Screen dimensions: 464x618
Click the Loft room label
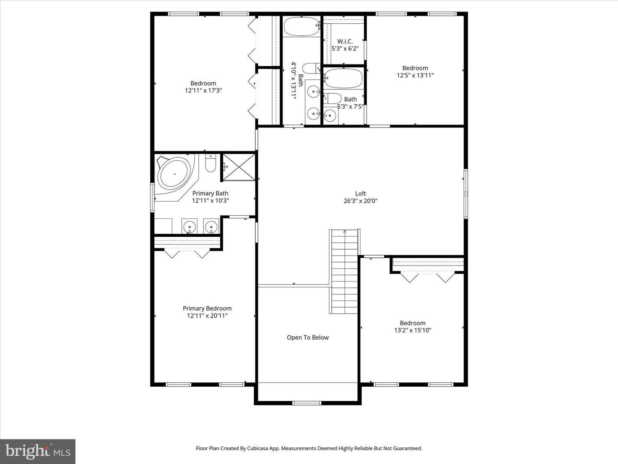(360, 193)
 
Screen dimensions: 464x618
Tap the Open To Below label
(308, 338)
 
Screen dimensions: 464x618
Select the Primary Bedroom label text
(207, 308)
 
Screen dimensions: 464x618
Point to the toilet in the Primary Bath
(210, 164)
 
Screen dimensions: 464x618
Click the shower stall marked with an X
(239, 167)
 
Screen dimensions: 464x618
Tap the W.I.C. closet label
(345, 42)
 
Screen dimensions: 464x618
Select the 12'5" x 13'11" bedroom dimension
(415, 75)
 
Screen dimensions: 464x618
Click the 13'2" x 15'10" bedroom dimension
(412, 330)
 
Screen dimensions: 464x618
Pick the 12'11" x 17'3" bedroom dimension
(203, 91)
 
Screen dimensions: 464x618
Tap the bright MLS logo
(38, 451)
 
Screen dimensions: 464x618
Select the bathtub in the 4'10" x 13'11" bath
(301, 26)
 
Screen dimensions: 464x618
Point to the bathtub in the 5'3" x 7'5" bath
(343, 79)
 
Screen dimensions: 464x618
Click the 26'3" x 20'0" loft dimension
(360, 201)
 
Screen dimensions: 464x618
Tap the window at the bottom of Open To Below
(306, 403)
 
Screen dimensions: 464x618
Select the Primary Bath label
(210, 193)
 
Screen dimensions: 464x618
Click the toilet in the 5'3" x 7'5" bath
(333, 98)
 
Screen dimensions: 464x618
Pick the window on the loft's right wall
(465, 194)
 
